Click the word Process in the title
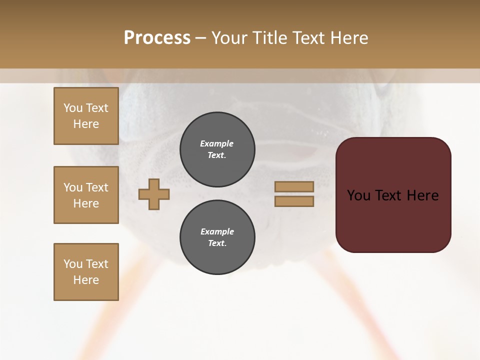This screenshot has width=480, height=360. pos(157,38)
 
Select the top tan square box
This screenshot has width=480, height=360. pos(86,116)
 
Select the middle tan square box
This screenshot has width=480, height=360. pos(86,195)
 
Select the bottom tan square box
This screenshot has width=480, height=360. pos(86,272)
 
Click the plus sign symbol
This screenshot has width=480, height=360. pos(154,194)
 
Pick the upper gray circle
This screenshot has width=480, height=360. pos(217,149)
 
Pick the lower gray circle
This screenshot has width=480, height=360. pos(217,237)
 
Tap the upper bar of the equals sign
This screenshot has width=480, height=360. pos(294,186)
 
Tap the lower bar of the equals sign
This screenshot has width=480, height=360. pos(294,201)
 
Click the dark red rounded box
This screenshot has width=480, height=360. pos(393,194)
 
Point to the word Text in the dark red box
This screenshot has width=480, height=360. pos(390,195)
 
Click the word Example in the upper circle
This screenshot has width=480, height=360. pos(217,143)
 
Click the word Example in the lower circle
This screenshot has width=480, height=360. pos(217,231)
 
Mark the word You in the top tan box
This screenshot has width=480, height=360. pos(72,108)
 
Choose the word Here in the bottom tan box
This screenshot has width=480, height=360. pos(86,280)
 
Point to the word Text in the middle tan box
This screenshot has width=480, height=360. pos(96,187)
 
